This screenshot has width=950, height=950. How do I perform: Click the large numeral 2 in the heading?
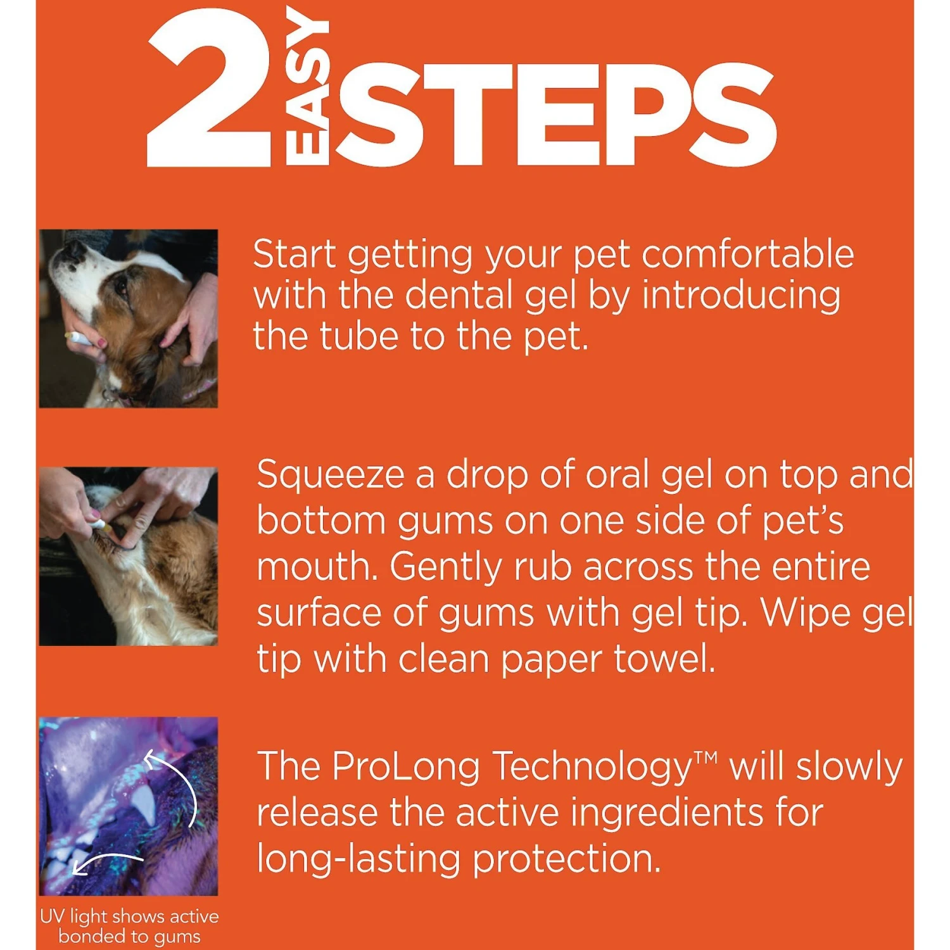coord(209,89)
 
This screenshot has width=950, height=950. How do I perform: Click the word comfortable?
coord(747,255)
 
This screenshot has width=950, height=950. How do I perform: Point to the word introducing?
coord(741,296)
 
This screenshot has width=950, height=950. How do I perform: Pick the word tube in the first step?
coord(359,336)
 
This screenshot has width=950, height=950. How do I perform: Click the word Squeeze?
coord(330,476)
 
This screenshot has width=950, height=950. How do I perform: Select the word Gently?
coord(445,568)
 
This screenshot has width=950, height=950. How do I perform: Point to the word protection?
coord(566,860)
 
